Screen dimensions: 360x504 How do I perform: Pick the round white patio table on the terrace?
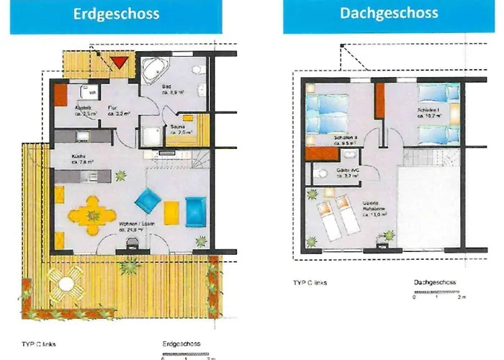coord(66,283)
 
